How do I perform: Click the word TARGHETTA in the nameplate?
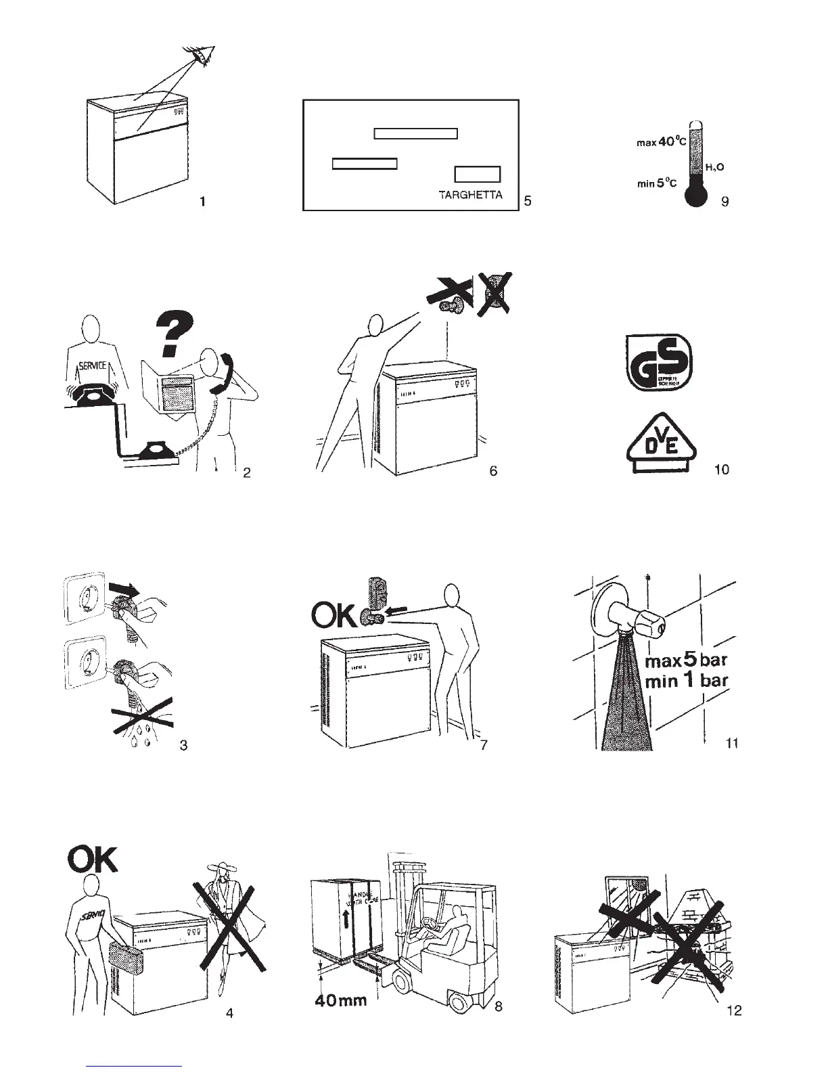[x=471, y=196]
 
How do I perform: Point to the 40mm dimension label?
[x=341, y=999]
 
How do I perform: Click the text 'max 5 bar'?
[x=686, y=659]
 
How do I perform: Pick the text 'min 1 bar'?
[x=686, y=680]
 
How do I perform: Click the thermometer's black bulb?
[x=694, y=195]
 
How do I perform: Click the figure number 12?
[x=733, y=1011]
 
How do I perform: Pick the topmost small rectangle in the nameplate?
[x=416, y=133]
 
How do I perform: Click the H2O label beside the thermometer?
[x=716, y=166]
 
